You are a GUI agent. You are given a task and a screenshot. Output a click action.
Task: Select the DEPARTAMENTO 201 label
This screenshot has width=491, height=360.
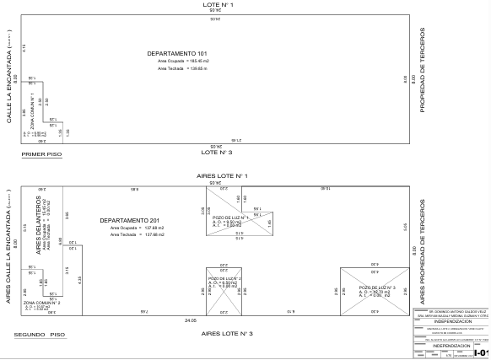(131, 220)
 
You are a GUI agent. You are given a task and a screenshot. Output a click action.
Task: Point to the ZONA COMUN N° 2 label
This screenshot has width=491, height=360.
(41, 301)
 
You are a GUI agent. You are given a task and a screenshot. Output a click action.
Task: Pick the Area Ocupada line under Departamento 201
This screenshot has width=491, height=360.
(131, 228)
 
